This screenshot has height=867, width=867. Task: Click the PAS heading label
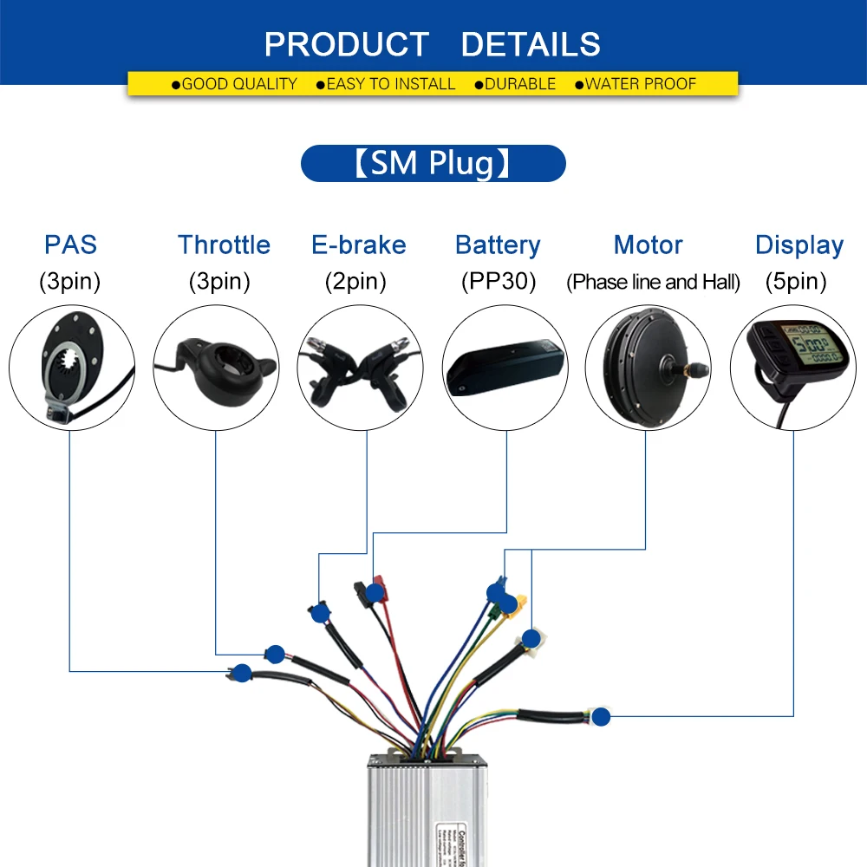[x=71, y=244]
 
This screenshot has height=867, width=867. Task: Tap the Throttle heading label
[x=224, y=244]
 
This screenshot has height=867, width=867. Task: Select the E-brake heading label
[x=358, y=244]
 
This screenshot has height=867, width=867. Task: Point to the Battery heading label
[x=498, y=244]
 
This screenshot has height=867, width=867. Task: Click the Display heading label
[x=799, y=244]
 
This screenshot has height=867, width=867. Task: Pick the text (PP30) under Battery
[x=498, y=282]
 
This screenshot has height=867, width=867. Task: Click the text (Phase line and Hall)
[x=653, y=282]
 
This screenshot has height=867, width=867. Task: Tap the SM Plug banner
[x=433, y=164]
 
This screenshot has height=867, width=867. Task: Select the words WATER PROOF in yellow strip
[x=640, y=84]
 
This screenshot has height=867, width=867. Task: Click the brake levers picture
[x=359, y=370]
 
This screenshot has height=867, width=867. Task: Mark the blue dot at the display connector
[x=600, y=716]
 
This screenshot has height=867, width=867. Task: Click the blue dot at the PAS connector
[x=242, y=670]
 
